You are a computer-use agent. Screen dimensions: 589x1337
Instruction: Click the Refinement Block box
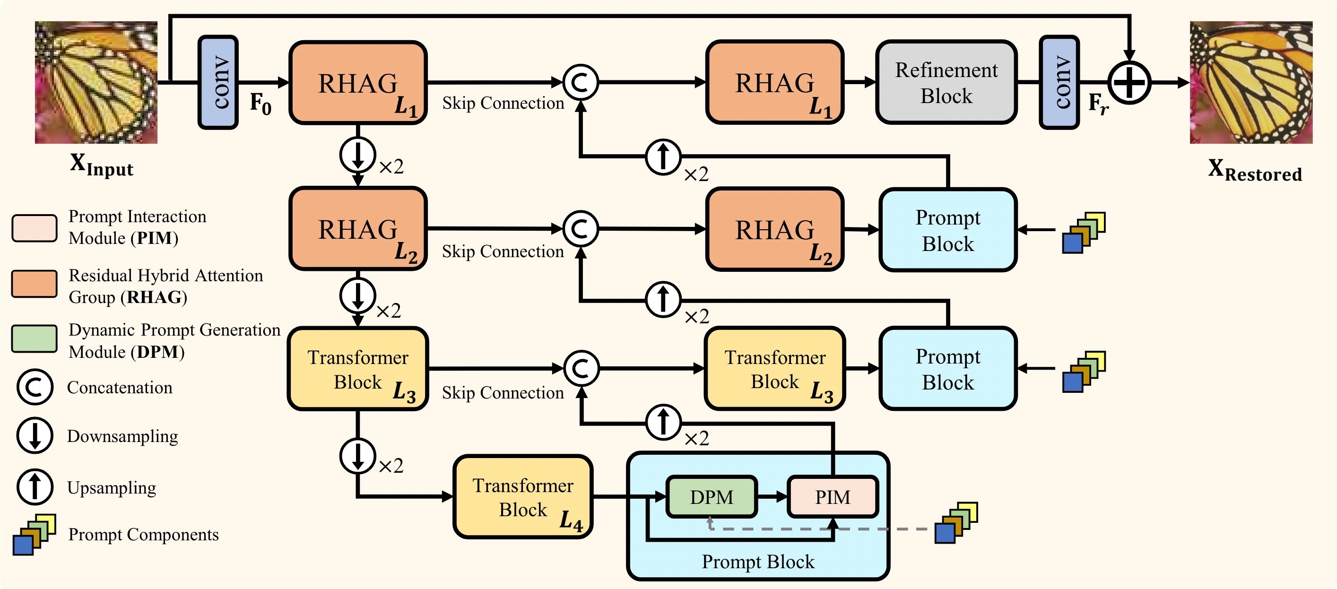point(946,83)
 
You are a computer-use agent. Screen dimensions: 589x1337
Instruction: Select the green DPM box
point(711,497)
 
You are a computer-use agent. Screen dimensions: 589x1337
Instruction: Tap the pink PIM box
point(832,497)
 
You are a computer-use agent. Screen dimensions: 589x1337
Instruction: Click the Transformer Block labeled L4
point(523,497)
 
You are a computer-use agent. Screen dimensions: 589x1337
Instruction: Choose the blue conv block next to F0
point(218,82)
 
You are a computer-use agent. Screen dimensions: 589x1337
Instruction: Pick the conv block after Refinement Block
point(1059,82)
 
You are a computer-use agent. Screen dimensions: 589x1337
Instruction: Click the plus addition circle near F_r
point(1129,82)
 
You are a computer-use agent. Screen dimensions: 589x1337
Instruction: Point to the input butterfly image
point(96,82)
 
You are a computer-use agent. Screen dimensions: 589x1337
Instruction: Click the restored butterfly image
point(1251,82)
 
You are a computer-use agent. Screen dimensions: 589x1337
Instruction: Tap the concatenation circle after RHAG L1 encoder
point(581,82)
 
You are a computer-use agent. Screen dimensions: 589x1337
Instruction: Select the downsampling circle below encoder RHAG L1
point(357,155)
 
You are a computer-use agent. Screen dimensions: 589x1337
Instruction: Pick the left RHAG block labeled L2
point(357,229)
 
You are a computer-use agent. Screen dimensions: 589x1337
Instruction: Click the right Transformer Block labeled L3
point(774,368)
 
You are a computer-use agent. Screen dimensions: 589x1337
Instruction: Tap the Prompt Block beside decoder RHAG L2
point(947,230)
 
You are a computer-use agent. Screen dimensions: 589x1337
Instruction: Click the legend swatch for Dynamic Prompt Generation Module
point(34,339)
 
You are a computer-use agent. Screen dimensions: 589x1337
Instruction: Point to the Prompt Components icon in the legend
point(34,535)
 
